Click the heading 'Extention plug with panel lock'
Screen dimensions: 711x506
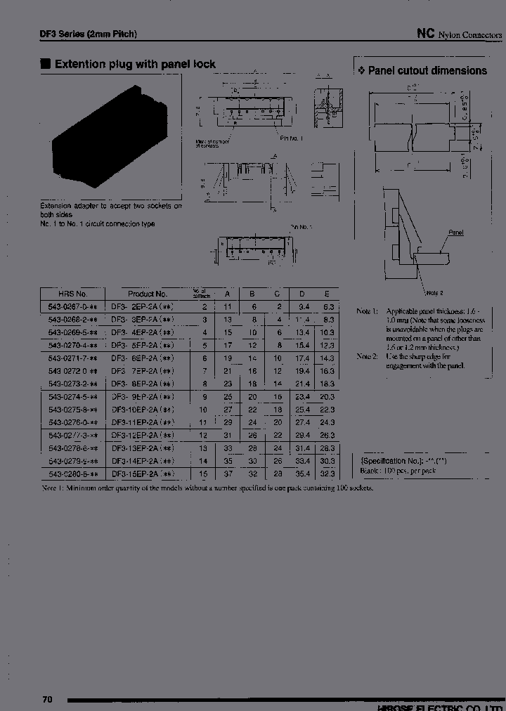click(x=134, y=64)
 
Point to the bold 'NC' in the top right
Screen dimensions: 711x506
click(x=424, y=33)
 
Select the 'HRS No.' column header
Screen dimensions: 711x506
click(x=73, y=294)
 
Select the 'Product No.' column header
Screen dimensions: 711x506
click(x=147, y=294)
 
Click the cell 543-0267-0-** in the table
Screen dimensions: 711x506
click(x=73, y=307)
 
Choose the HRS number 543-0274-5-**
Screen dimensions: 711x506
click(x=73, y=397)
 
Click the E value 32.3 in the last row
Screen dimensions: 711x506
click(x=326, y=474)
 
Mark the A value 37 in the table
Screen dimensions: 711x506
click(x=227, y=474)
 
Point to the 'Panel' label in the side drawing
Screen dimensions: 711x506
click(x=455, y=233)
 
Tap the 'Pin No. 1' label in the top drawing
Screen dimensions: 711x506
click(x=290, y=138)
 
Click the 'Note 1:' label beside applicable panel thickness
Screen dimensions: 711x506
click(x=367, y=311)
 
